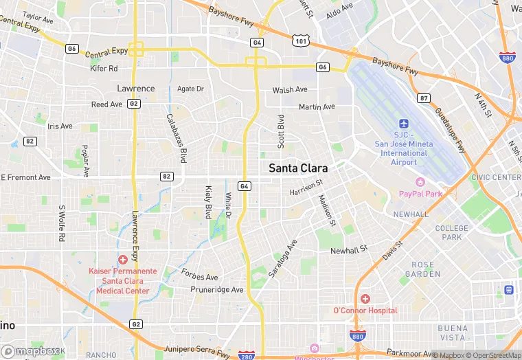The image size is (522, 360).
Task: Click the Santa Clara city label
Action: coord(297,168)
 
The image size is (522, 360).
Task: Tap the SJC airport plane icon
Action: coord(404,123)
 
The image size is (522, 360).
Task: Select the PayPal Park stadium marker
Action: coord(420,182)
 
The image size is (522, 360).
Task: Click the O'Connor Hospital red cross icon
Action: coord(365,299)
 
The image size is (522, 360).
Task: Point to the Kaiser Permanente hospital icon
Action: coord(123,259)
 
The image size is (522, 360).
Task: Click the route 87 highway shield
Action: coord(424,98)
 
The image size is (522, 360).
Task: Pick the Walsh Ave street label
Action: coord(290,90)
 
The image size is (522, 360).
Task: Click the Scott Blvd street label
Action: coord(280,132)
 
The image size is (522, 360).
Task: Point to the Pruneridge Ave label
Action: coord(218,290)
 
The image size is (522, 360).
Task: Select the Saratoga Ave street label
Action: coord(282,258)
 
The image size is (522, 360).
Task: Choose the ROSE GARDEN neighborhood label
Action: coord(422,269)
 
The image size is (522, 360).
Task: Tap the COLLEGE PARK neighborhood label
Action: coord(451,233)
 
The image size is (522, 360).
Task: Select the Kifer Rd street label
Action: coord(104,69)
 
